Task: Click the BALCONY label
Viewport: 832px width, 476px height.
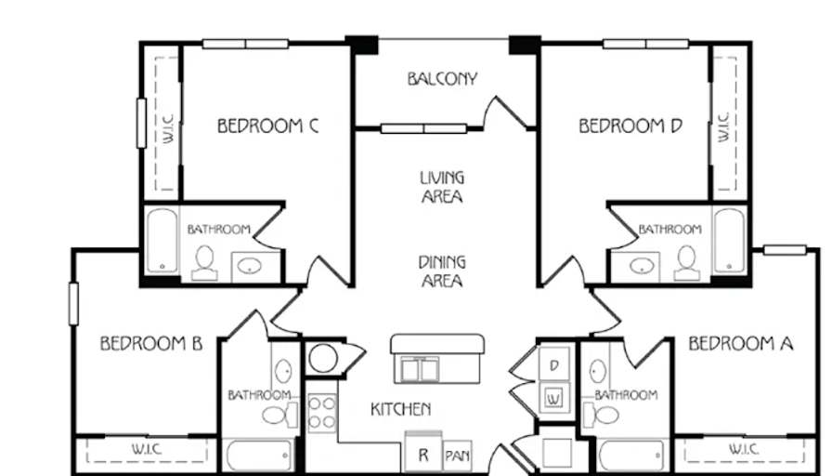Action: [x=443, y=79]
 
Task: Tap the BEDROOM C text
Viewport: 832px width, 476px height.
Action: [x=268, y=126]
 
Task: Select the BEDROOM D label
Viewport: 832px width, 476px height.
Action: [x=630, y=126]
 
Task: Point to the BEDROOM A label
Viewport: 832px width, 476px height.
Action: [x=741, y=344]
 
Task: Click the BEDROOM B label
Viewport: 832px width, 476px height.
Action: [x=151, y=343]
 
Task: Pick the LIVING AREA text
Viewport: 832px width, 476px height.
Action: [x=442, y=187]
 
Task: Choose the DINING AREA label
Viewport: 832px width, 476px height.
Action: [x=442, y=271]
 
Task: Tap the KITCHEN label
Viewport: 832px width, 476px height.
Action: [x=400, y=409]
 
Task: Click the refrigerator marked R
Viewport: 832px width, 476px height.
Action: [x=423, y=453]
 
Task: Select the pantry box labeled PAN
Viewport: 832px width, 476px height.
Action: [x=458, y=456]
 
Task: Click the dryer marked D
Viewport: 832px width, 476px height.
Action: [x=554, y=364]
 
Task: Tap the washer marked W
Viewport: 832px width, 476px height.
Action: [x=554, y=397]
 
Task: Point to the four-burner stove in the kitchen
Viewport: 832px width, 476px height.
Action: [x=322, y=413]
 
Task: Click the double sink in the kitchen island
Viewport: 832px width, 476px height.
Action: [x=420, y=369]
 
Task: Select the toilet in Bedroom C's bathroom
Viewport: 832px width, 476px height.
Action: [x=204, y=263]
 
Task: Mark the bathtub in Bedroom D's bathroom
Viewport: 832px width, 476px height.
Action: [x=729, y=241]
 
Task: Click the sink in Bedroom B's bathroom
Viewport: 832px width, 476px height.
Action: [x=283, y=370]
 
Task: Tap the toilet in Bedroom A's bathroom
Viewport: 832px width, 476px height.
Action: [x=601, y=415]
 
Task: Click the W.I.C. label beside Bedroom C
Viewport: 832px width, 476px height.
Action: [x=169, y=128]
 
